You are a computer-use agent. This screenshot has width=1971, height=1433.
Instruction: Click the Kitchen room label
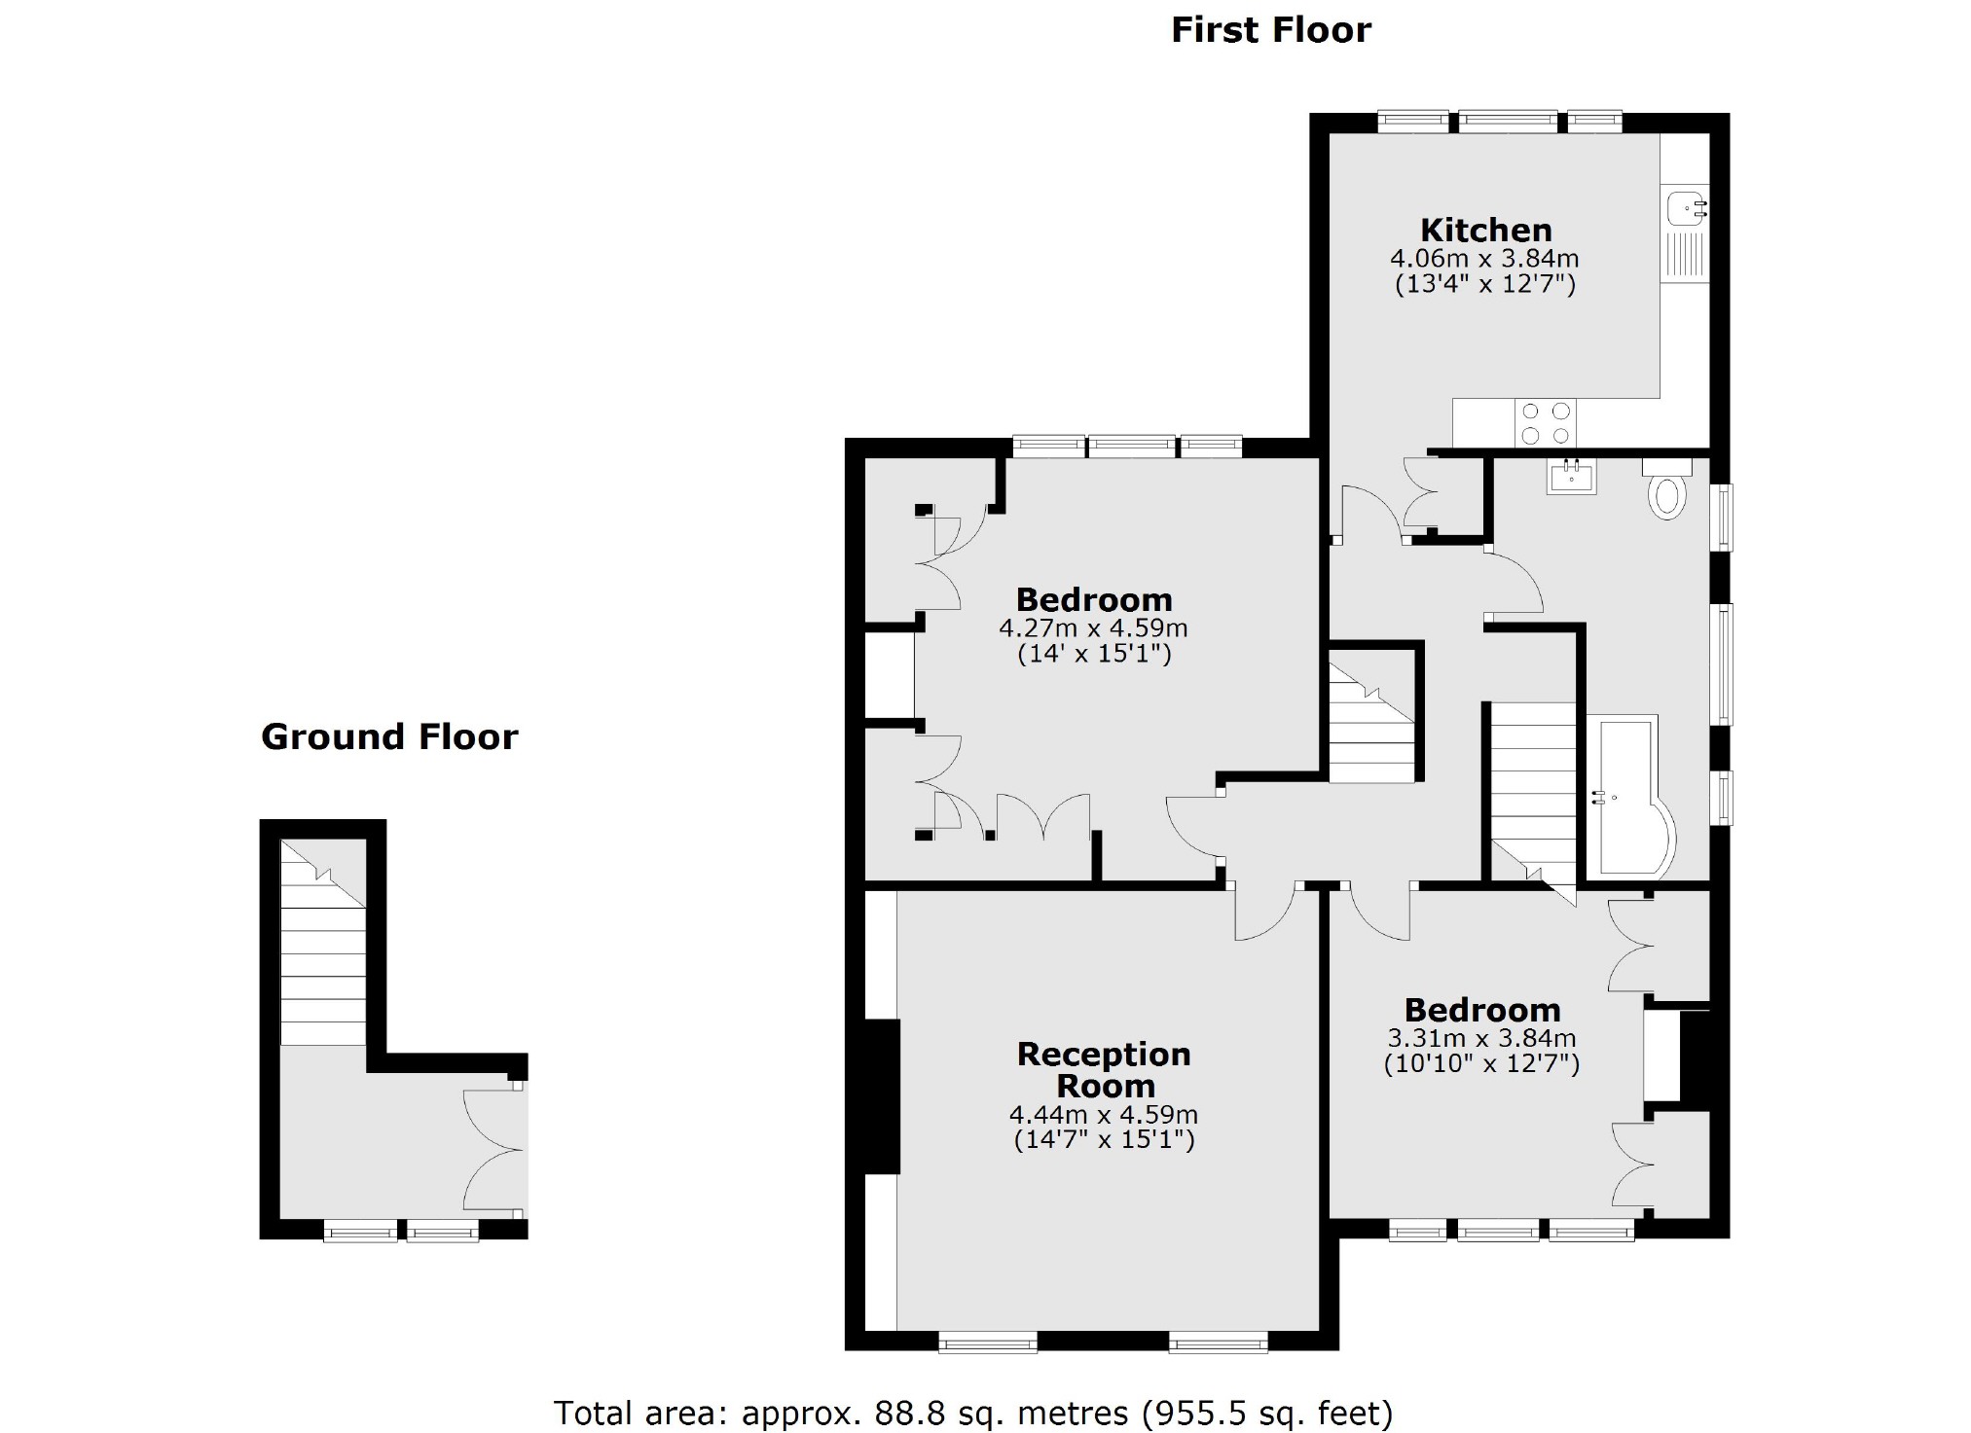tap(1485, 231)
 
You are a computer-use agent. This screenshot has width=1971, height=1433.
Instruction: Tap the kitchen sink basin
tap(1684, 207)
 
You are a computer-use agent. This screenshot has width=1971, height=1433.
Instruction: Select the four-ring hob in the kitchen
tap(1546, 423)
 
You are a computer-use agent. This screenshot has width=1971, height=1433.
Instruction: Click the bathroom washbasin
tap(1571, 477)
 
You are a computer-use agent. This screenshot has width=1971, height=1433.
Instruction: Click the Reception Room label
tap(1104, 1069)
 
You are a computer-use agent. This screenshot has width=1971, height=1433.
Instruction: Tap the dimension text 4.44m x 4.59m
tap(1104, 1115)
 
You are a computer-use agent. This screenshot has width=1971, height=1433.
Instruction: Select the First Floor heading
tap(1270, 30)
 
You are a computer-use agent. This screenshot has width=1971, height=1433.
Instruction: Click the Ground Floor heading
tap(389, 737)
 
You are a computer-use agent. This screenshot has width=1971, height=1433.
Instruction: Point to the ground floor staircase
tap(323, 944)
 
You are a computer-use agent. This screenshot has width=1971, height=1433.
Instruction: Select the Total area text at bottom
tap(973, 1412)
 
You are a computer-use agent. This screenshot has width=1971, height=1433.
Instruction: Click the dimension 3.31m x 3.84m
tap(1481, 1039)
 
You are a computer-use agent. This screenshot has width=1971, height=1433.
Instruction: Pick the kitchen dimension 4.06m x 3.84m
tap(1484, 259)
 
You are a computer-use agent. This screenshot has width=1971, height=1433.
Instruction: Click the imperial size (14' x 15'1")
tap(1094, 654)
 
